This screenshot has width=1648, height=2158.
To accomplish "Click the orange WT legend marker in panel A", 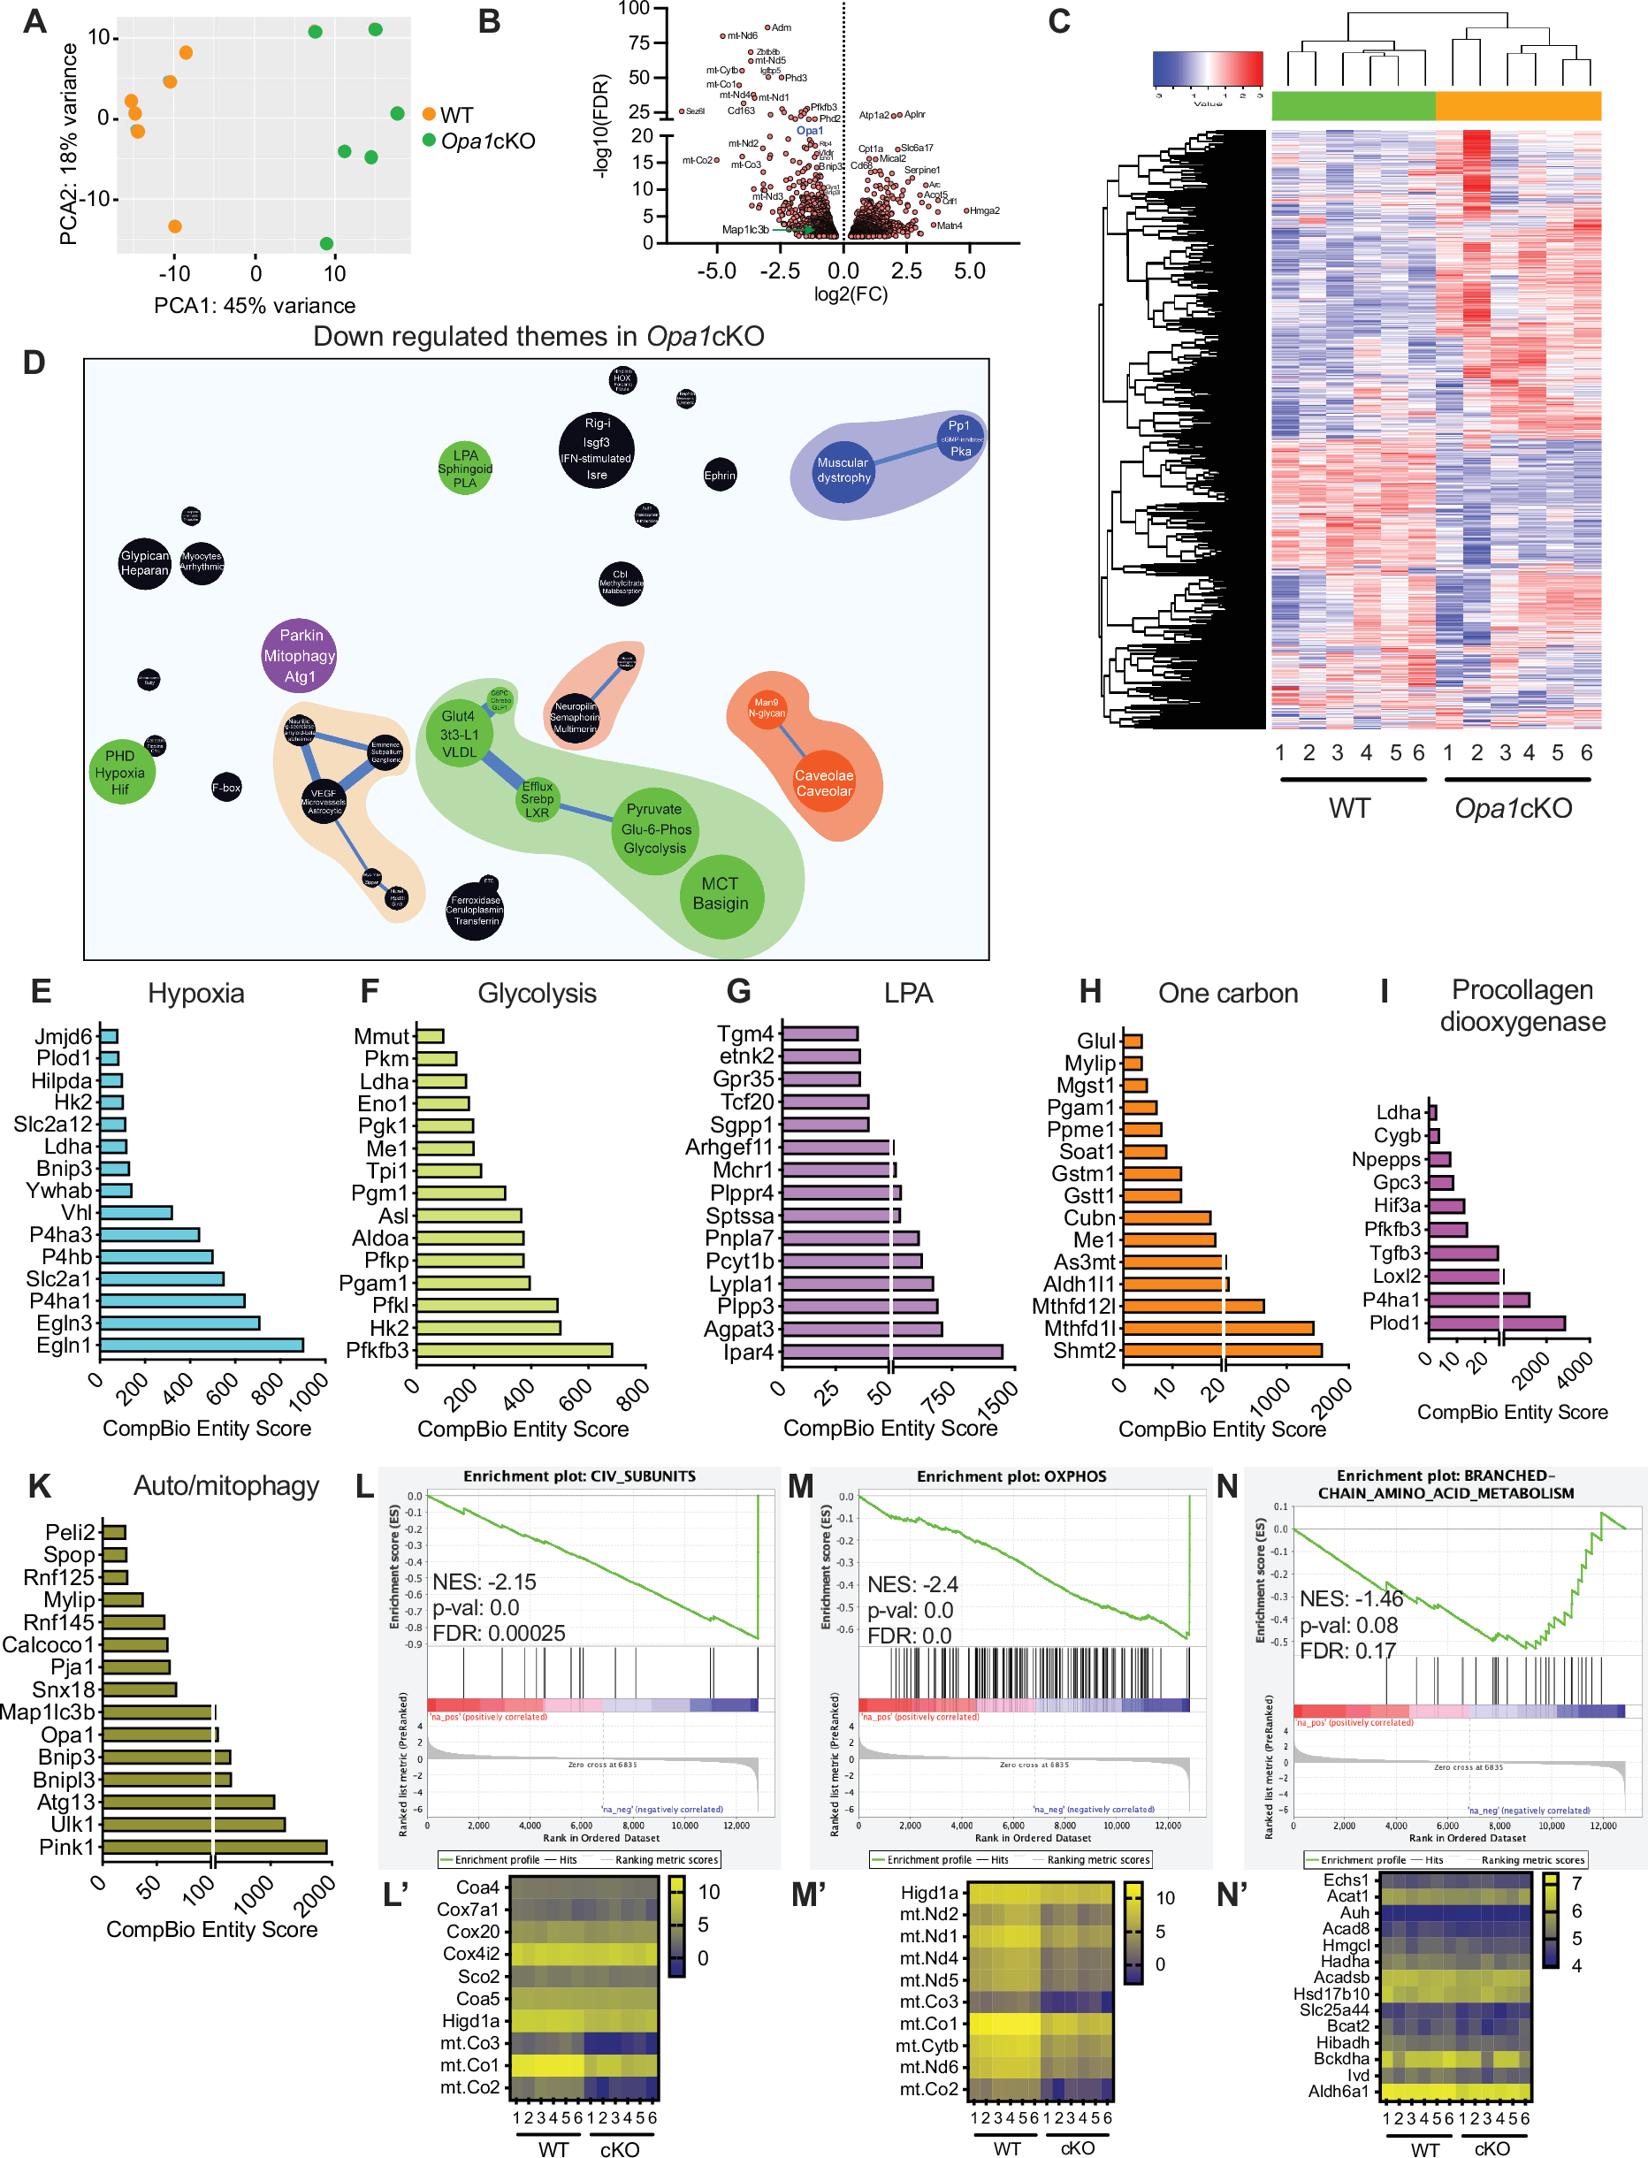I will pos(429,115).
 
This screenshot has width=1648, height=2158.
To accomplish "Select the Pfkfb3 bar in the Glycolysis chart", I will pos(514,1351).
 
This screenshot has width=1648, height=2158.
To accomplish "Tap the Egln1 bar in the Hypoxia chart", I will pos(201,1345).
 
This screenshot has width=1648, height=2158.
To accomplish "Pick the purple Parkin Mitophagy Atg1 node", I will pos(299,655).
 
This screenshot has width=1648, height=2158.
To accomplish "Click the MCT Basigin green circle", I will pos(721,894).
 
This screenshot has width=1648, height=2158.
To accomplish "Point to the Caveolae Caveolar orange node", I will pos(824,782).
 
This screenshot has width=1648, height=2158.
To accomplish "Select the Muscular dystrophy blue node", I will pos(843,469).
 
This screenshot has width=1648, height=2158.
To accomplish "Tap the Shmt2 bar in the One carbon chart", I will pos(1221,1351).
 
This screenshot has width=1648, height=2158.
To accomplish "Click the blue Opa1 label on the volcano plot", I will pos(809,131).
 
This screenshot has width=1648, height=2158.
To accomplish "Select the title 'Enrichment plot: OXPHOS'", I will pos(1011,1476).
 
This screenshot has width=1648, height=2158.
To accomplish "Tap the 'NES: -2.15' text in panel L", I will pos(484,1582).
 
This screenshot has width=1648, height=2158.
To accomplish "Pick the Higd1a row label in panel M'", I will pos(929,1893).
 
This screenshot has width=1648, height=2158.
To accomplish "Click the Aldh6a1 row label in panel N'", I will pos(1338,2092).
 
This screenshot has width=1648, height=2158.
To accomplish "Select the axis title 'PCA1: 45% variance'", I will pos(254,306).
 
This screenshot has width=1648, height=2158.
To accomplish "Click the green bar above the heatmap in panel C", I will pos(1353,106).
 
